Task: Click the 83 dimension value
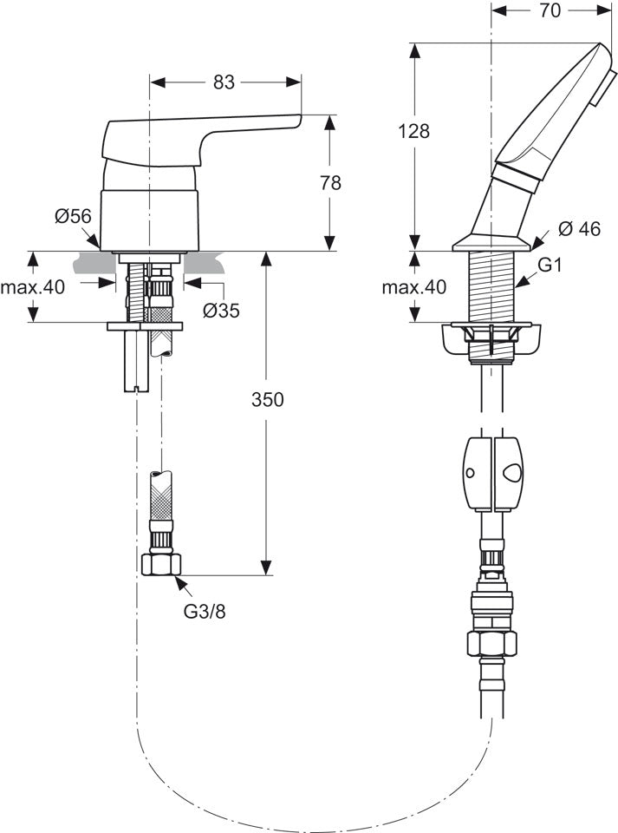click(x=224, y=82)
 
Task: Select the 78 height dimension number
click(x=330, y=183)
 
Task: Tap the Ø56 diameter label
click(x=73, y=216)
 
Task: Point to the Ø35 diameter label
click(x=222, y=311)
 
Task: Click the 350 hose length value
click(x=267, y=399)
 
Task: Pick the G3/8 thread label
click(x=205, y=612)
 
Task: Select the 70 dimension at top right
click(x=550, y=10)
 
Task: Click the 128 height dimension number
click(x=413, y=131)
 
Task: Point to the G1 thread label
click(x=550, y=265)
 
